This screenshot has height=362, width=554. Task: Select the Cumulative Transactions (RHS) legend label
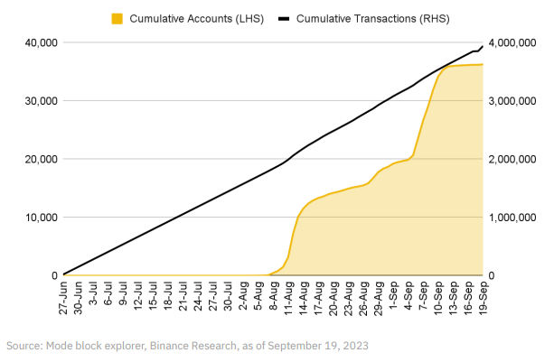(373, 18)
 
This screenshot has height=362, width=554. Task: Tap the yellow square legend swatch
(116, 18)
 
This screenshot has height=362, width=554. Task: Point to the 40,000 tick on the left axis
(40, 42)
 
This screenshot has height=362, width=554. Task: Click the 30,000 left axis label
(40, 101)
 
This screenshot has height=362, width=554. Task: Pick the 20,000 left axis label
(40, 159)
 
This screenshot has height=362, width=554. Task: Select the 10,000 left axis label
(40, 218)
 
